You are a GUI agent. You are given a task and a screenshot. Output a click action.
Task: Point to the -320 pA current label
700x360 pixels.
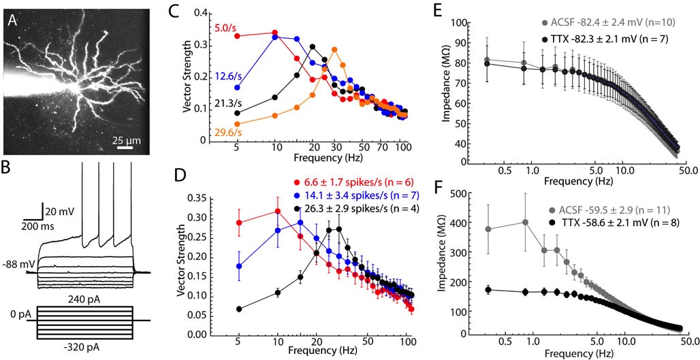point(84,349)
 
